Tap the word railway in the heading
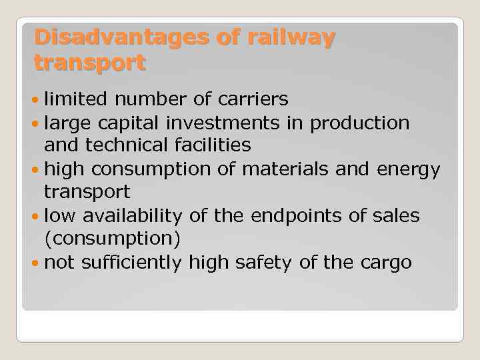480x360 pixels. tap(291, 38)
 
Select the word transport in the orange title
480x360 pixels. tap(90, 63)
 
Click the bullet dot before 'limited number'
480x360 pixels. tap(36, 100)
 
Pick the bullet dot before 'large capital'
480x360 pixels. tap(36, 124)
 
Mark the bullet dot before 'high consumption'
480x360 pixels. tap(36, 171)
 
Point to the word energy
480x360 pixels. tap(407, 170)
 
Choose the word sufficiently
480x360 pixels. tap(131, 263)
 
